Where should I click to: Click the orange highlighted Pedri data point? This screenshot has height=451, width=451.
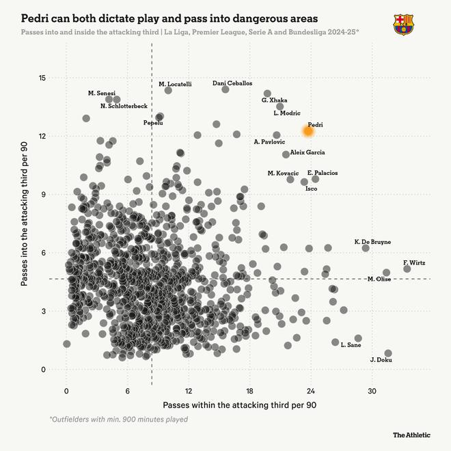[307, 131]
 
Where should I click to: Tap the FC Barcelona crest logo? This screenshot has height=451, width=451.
[403, 25]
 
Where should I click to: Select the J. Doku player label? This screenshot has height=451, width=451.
[380, 359]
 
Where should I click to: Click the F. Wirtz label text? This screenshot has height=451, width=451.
[414, 262]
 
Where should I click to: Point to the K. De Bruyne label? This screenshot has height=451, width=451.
[372, 242]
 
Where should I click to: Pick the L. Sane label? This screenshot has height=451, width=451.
[351, 345]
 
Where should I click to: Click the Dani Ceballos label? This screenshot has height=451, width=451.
[232, 83]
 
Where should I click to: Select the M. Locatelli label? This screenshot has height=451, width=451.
[175, 84]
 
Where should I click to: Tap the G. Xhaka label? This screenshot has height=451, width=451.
[274, 100]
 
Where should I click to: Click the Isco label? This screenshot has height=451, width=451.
[311, 188]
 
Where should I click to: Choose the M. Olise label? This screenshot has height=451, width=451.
[379, 279]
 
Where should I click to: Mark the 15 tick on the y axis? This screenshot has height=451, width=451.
[42, 78]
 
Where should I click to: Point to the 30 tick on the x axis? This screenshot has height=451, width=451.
[372, 392]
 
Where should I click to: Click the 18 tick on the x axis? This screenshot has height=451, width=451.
[249, 392]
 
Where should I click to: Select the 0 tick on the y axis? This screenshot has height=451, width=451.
[44, 370]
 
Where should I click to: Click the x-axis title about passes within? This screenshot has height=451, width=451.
[239, 405]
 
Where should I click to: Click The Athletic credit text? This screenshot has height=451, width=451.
[411, 435]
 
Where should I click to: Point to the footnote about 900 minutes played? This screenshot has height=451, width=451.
[118, 420]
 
